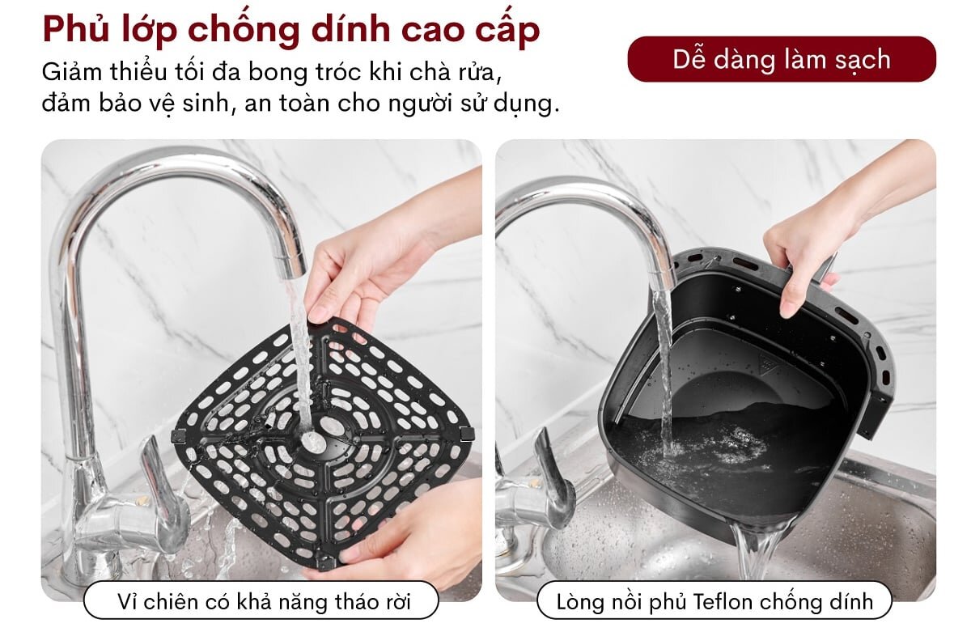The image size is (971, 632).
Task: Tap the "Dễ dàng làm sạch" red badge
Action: point(781,59)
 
